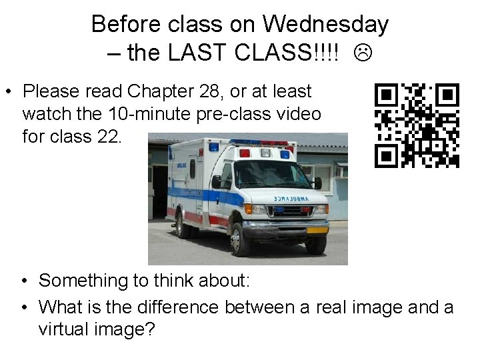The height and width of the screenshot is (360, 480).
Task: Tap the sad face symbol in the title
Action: click(363, 53)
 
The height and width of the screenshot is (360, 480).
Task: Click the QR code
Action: click(417, 125)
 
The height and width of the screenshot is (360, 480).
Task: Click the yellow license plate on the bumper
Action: click(317, 229)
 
